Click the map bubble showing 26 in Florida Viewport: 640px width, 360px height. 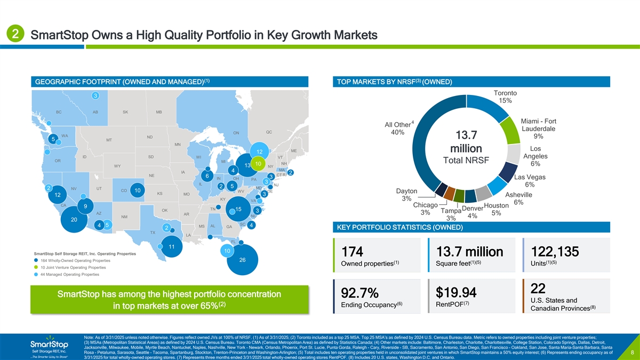[242, 260]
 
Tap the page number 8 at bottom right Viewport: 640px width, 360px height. [631, 353]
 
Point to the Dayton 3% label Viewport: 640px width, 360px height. [407, 195]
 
